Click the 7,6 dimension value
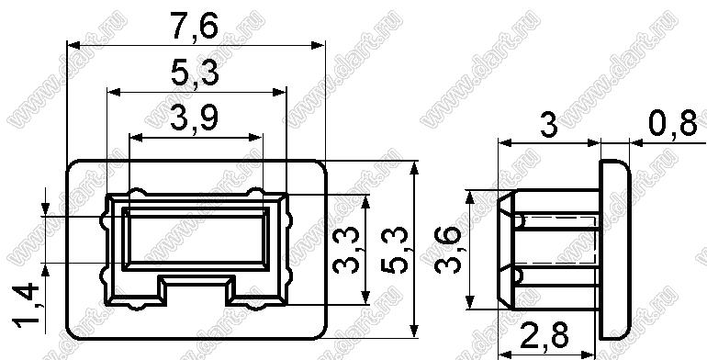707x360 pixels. [x=194, y=27]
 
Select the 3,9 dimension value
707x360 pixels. [x=194, y=118]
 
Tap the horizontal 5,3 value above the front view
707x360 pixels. [x=195, y=73]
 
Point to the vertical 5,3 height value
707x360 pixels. [x=395, y=250]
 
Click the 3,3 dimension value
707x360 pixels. [x=347, y=250]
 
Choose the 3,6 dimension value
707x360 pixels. [x=449, y=250]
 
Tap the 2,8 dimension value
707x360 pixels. [x=544, y=334]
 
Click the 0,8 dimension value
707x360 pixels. [x=672, y=123]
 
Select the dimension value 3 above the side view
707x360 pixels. [x=549, y=125]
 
